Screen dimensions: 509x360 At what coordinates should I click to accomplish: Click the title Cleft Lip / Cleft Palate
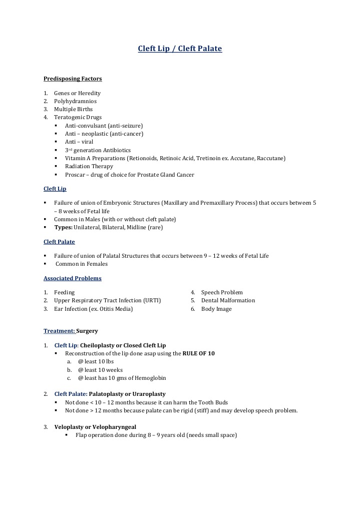(180, 49)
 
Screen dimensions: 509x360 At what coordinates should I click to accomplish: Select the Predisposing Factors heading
(73, 79)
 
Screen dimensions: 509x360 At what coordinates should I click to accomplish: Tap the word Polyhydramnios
(75, 101)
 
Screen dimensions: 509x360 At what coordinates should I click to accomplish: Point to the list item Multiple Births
(73, 109)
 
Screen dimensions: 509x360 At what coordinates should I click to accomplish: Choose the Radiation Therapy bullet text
(89, 166)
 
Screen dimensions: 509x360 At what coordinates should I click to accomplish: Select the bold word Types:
(64, 227)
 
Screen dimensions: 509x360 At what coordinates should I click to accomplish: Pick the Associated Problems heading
(72, 278)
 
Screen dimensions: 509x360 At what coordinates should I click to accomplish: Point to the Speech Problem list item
(222, 292)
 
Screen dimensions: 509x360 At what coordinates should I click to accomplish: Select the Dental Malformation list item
(228, 300)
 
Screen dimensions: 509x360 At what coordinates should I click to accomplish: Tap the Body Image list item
(216, 309)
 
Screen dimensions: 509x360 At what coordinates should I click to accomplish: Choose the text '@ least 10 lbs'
(96, 361)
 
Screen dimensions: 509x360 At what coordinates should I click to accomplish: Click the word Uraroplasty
(148, 394)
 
